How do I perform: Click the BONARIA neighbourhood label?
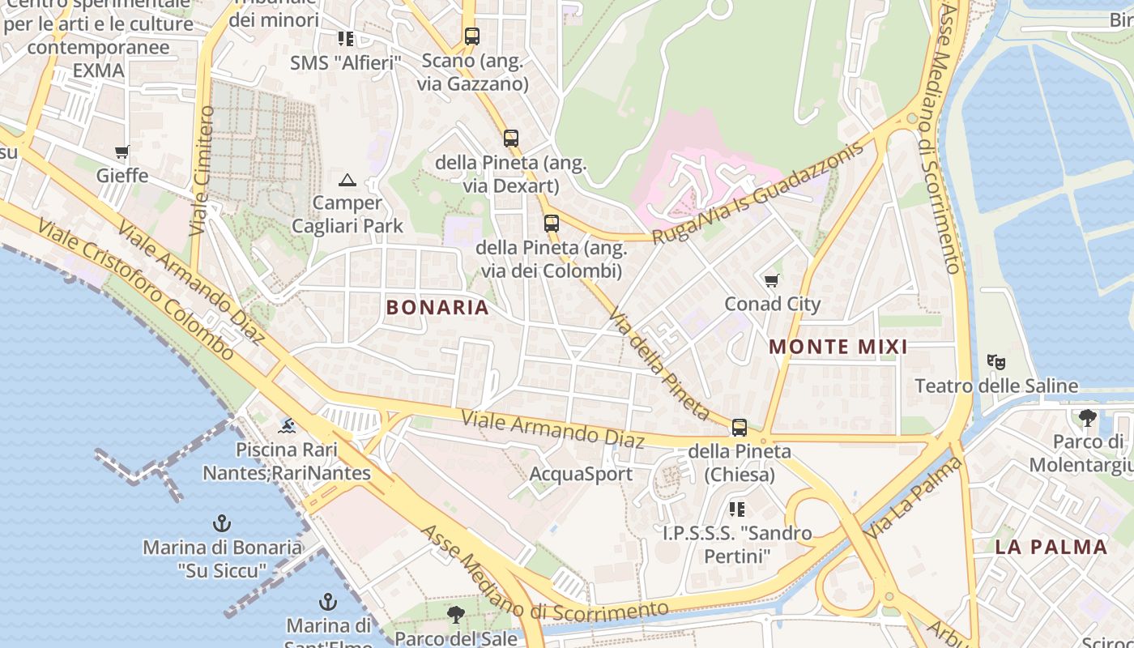pyautogui.click(x=437, y=308)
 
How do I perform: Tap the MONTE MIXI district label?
pyautogui.click(x=838, y=347)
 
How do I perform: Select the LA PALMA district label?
pyautogui.click(x=1051, y=547)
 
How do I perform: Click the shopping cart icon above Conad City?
pyautogui.click(x=771, y=281)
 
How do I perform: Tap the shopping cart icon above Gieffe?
pyautogui.click(x=122, y=152)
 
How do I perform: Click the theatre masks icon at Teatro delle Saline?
pyautogui.click(x=995, y=361)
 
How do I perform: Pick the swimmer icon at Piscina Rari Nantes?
pyautogui.click(x=286, y=425)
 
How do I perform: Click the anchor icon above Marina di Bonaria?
pyautogui.click(x=221, y=523)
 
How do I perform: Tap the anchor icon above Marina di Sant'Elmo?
pyautogui.click(x=328, y=602)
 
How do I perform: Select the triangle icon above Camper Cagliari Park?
pyautogui.click(x=347, y=180)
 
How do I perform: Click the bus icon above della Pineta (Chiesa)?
pyautogui.click(x=739, y=427)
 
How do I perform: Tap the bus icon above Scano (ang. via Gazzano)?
pyautogui.click(x=472, y=36)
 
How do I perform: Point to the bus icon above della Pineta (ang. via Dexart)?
pyautogui.click(x=510, y=139)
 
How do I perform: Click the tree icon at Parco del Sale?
pyautogui.click(x=456, y=615)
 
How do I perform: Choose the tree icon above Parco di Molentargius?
pyautogui.click(x=1087, y=418)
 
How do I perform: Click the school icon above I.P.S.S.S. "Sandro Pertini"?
pyautogui.click(x=736, y=509)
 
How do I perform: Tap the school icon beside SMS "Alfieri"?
pyautogui.click(x=346, y=39)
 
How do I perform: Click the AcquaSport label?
pyautogui.click(x=580, y=474)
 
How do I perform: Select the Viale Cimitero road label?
pyautogui.click(x=202, y=170)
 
